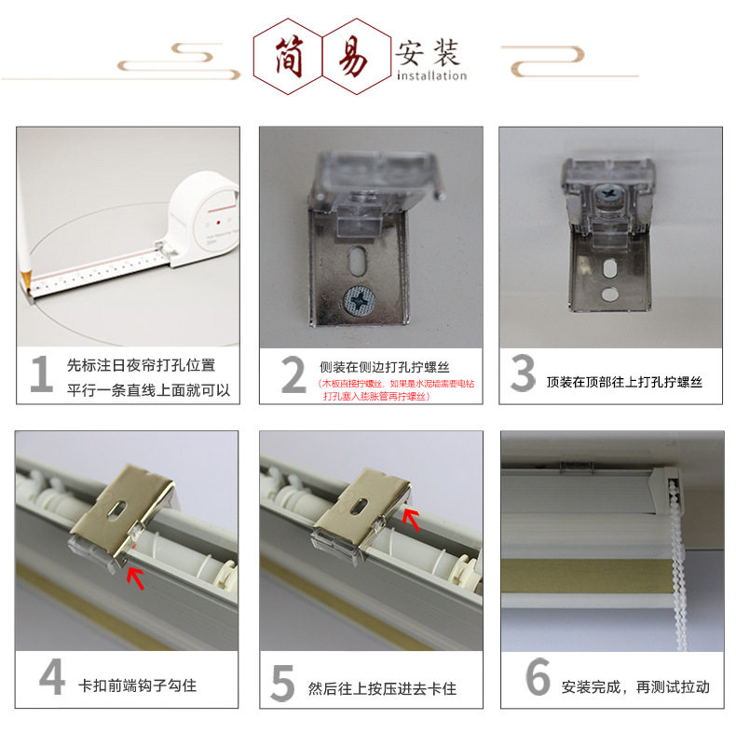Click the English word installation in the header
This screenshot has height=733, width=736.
(x=430, y=75)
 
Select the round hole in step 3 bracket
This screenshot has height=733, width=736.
(x=608, y=294)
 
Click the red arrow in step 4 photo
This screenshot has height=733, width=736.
(x=136, y=577)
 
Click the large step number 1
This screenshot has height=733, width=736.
(x=40, y=374)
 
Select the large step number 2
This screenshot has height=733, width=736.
(x=293, y=375)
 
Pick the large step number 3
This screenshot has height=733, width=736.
(x=523, y=374)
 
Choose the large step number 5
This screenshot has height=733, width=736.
(x=282, y=682)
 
